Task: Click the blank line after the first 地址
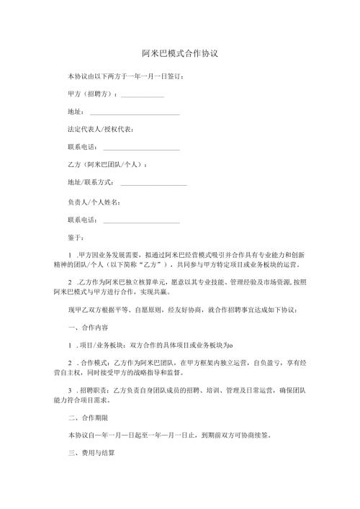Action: [x=135, y=114]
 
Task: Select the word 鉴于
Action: [x=75, y=237]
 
